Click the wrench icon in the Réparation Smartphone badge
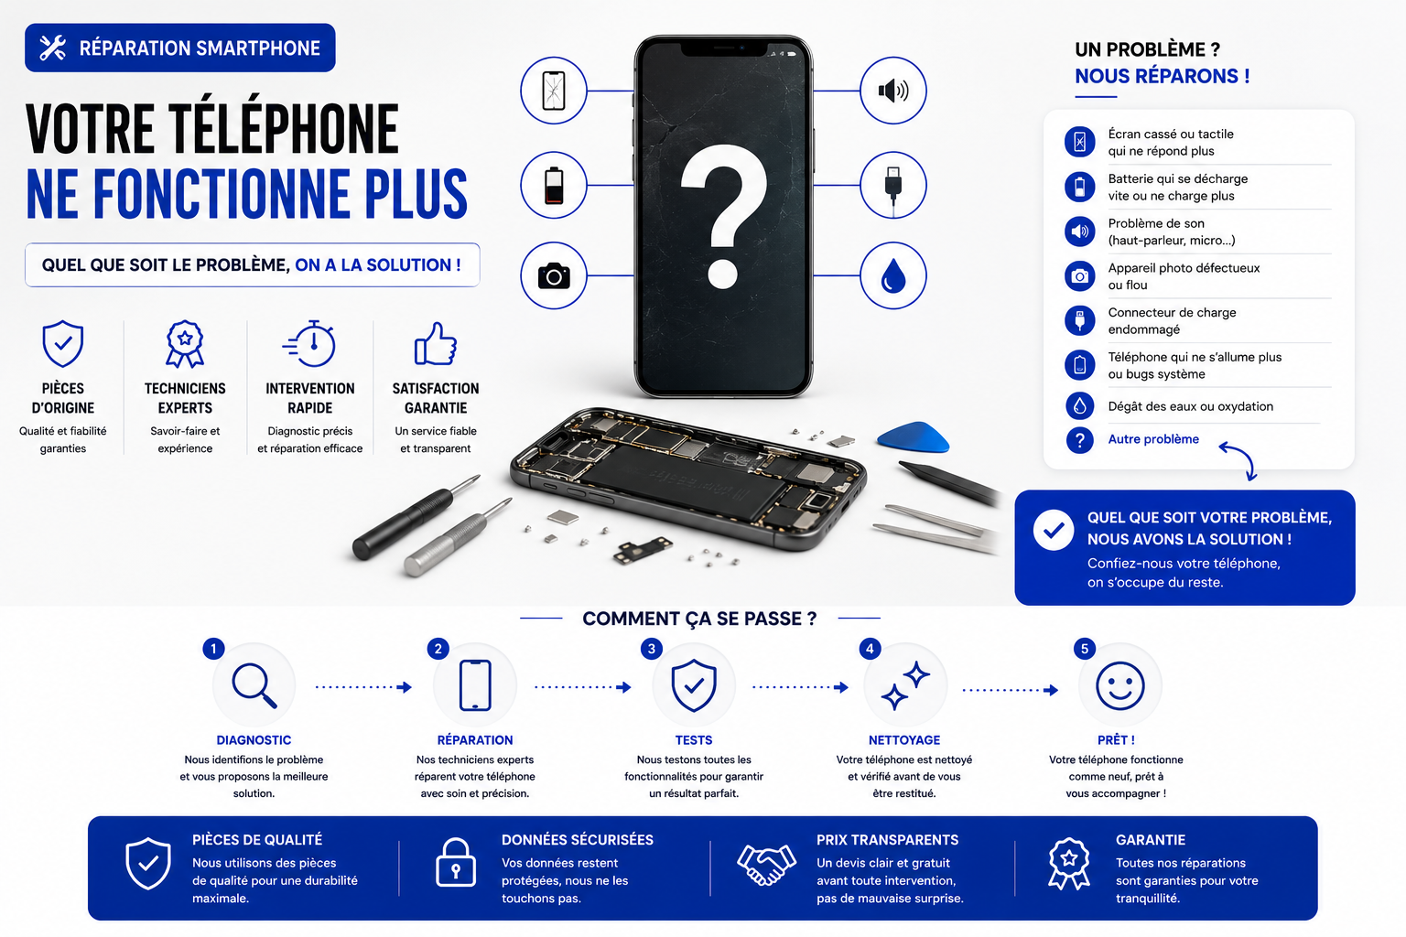52,48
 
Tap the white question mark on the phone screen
723,217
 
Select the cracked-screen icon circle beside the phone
554,91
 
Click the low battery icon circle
554,185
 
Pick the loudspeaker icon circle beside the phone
893,91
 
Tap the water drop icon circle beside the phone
893,275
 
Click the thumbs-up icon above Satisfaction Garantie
435,343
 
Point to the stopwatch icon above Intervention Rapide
309,343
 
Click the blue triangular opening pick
913,437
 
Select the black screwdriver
415,517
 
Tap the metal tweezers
936,529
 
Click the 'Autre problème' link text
1153,439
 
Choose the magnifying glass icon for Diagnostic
254,684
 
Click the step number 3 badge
652,649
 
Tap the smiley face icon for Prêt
1119,685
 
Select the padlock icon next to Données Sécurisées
456,862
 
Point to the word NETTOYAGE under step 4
903,740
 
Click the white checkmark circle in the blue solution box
1054,530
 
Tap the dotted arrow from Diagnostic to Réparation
363,687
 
